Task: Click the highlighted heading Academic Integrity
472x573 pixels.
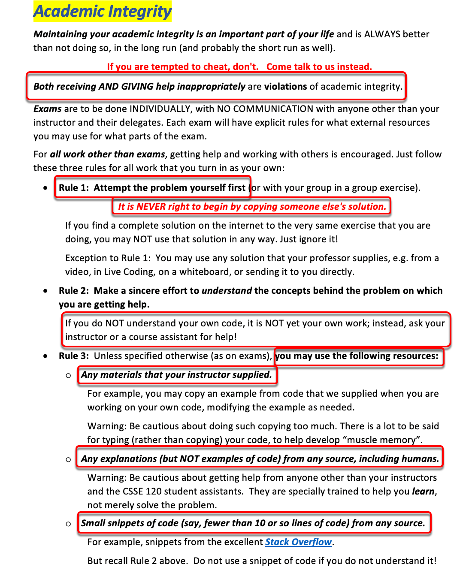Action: (x=103, y=12)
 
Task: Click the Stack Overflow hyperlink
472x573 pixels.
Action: (x=298, y=542)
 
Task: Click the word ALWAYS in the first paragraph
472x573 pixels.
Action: (x=382, y=34)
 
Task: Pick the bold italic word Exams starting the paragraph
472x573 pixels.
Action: (x=47, y=109)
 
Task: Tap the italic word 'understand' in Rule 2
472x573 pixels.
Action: (x=227, y=291)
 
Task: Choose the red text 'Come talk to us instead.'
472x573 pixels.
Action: (x=319, y=67)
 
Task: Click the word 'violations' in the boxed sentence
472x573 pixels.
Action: (x=285, y=87)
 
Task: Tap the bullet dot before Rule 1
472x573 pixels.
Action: (x=45, y=188)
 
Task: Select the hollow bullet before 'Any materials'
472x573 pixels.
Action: (x=68, y=376)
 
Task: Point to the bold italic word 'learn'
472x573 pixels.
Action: (x=423, y=492)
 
